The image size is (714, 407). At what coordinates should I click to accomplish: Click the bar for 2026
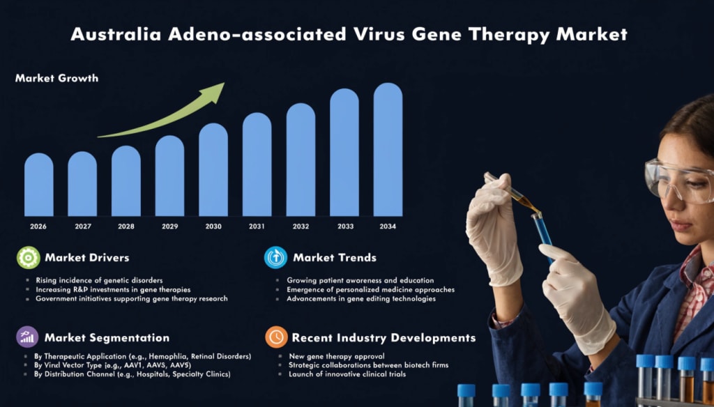(39, 185)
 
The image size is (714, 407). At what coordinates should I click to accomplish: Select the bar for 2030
(213, 169)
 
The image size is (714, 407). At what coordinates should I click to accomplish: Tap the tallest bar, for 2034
(388, 149)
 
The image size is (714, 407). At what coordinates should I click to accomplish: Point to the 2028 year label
(126, 226)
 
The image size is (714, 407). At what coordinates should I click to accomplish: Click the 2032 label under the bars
(301, 226)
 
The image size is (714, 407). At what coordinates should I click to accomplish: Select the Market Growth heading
(57, 78)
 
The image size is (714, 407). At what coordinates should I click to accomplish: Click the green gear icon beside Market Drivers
(28, 258)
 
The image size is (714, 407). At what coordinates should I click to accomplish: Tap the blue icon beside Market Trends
(275, 258)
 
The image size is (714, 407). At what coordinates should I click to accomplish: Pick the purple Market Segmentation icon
(27, 337)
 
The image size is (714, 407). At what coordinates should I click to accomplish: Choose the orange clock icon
(276, 337)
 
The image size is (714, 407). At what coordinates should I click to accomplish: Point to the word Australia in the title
(116, 34)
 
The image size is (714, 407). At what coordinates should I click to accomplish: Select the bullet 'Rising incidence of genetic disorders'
(99, 280)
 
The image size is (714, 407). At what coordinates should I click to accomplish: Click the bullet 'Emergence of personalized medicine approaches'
(371, 289)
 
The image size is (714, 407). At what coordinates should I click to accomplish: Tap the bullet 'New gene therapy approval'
(337, 356)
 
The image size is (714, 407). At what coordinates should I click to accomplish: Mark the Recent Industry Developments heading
(384, 338)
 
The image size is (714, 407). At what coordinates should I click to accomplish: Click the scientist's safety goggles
(678, 180)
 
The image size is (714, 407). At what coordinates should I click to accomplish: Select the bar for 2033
(344, 152)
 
